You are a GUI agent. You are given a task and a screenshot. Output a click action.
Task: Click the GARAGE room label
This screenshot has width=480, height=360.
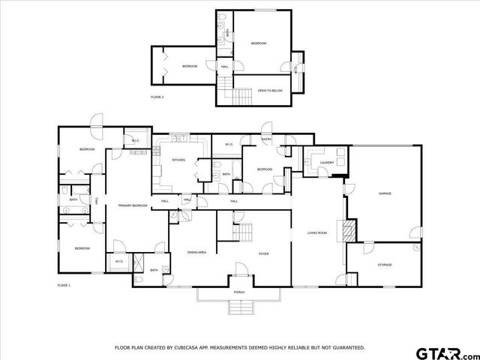[385, 193]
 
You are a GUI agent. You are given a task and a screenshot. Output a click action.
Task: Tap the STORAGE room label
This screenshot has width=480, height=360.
[385, 265]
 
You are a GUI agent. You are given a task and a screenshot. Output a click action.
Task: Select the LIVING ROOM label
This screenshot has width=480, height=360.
[317, 233]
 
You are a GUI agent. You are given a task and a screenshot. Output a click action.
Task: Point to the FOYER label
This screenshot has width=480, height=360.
[264, 253]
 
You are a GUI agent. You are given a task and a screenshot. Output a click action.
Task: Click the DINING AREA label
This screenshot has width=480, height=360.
[197, 253]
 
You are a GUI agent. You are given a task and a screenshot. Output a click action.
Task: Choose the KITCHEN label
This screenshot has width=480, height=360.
[178, 160]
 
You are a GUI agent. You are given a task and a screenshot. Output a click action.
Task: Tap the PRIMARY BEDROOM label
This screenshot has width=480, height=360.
[132, 205]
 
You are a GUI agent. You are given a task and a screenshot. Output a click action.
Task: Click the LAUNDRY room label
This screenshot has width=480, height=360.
[326, 162]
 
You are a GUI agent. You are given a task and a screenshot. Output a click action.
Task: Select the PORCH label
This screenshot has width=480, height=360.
[239, 292]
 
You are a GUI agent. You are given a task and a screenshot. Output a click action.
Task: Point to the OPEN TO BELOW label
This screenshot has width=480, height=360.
[269, 90]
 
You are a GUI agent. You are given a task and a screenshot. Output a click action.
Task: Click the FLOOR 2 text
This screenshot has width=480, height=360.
[157, 97]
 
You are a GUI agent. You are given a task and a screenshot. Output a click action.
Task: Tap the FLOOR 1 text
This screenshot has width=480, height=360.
[64, 286]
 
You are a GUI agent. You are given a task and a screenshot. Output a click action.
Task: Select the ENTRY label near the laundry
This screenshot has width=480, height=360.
[267, 139]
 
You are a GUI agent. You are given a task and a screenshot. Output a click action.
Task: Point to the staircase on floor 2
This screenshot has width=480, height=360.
[241, 96]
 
